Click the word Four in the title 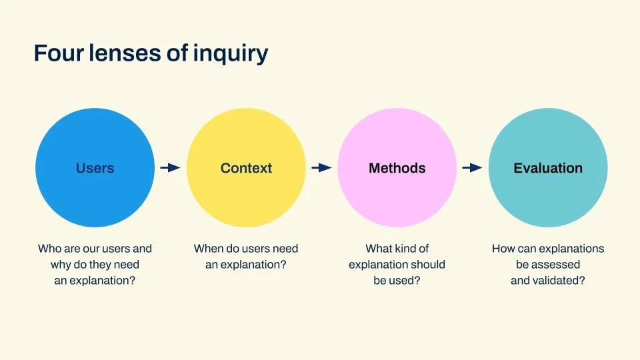tap(57, 53)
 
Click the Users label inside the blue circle tap(95, 168)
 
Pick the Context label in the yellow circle tap(246, 168)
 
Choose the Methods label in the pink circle tap(397, 168)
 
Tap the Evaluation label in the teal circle tap(548, 168)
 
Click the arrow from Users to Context tap(170, 168)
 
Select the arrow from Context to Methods tap(321, 168)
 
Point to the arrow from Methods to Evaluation tap(472, 168)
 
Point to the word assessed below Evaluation tap(556, 265)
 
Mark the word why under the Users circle tap(60, 265)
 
